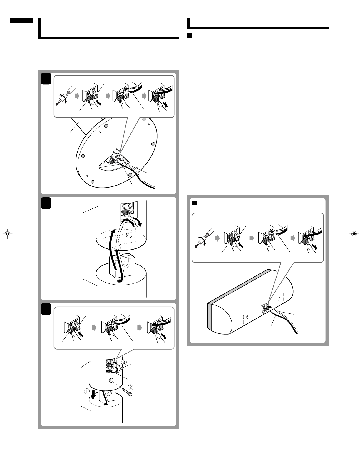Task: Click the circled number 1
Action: tap(87, 391)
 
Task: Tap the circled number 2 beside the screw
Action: tap(130, 387)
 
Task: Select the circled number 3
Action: tap(124, 362)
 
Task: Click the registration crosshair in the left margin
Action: tap(8, 233)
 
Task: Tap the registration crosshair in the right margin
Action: tap(354, 233)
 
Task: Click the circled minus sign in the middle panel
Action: tap(124, 217)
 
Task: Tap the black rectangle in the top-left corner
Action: tap(21, 21)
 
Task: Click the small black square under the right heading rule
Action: tap(190, 35)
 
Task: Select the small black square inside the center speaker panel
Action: tap(194, 203)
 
